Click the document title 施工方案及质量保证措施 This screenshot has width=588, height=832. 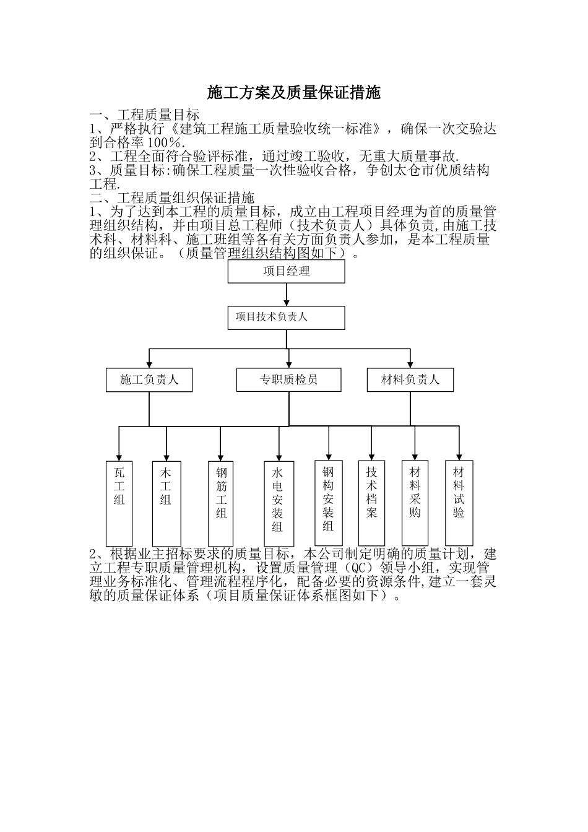[293, 93]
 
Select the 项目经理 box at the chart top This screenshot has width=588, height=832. [286, 271]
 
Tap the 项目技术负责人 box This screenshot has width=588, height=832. [286, 318]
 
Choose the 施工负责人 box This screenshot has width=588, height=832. [149, 379]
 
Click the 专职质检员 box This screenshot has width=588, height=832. [288, 379]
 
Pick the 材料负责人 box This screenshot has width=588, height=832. [410, 379]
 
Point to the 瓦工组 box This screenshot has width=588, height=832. [119, 502]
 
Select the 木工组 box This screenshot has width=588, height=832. [166, 502]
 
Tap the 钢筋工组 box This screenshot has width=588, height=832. [221, 502]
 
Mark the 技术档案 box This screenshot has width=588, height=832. [371, 502]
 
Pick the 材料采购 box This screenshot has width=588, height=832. [415, 502]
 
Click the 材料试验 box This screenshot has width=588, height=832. [459, 502]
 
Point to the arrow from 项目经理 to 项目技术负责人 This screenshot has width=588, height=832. [287, 295]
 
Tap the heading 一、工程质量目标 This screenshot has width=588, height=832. [144, 115]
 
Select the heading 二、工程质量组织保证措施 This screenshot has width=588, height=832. [171, 198]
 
